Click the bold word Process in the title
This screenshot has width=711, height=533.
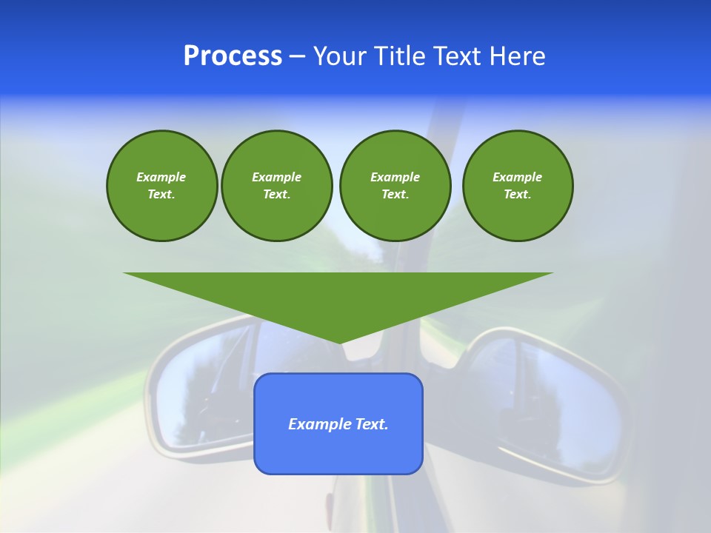[233, 56]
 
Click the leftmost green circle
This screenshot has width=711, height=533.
[161, 186]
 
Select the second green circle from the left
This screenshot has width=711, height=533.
[276, 186]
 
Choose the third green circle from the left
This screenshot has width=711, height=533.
[395, 186]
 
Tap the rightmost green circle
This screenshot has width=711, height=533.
[518, 186]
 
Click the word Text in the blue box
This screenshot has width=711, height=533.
[371, 424]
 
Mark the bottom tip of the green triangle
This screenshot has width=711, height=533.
[340, 343]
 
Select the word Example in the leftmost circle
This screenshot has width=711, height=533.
[161, 177]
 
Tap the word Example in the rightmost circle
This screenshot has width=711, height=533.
[518, 177]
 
